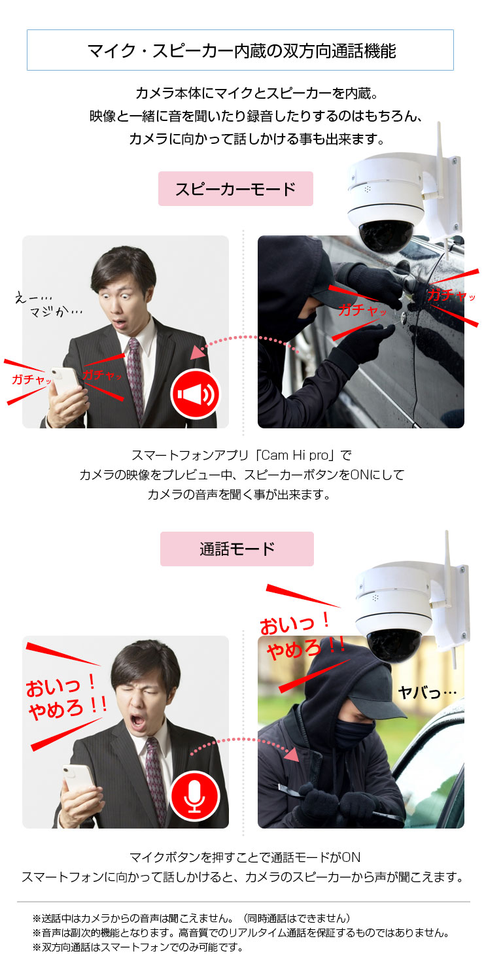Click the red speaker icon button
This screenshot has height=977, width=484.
coord(196,394)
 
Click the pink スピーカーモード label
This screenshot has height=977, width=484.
coord(235,189)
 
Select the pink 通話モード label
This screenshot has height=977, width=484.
coord(237,549)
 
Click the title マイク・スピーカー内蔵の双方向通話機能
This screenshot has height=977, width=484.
coord(241,51)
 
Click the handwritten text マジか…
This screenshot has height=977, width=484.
coord(56,311)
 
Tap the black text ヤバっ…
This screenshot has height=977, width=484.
coord(427,692)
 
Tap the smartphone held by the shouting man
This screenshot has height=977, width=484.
coord(80,781)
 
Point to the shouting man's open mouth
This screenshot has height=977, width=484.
coord(138,721)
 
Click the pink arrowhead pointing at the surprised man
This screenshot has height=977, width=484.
coord(198,352)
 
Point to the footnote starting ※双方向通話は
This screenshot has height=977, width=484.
coord(138,947)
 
